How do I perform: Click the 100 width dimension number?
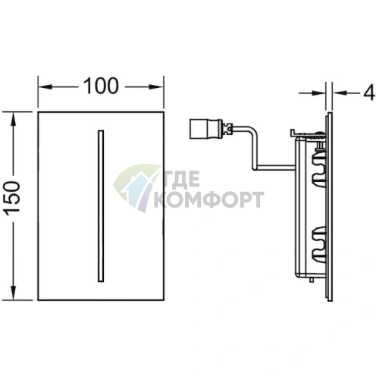click(101, 86)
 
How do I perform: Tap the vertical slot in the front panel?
click(98, 205)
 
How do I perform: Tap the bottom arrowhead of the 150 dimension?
click(14, 295)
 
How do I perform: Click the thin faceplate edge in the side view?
click(330, 205)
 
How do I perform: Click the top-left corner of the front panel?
click(39, 111)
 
